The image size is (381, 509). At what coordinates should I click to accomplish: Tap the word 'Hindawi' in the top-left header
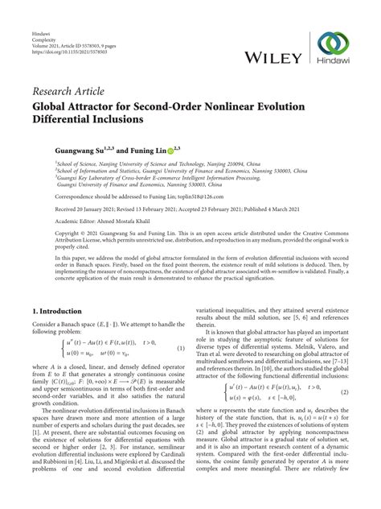click(x=41, y=11)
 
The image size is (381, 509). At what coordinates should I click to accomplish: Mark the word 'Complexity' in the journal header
click(x=45, y=19)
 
